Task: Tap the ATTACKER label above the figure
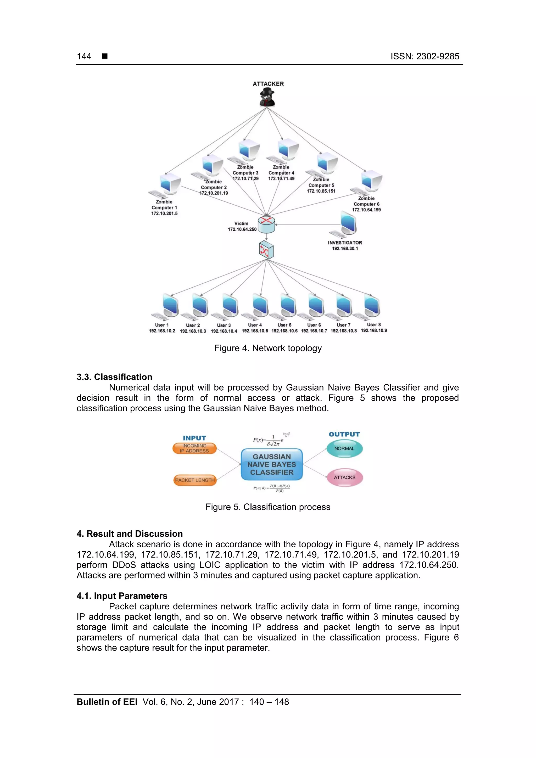click(x=268, y=84)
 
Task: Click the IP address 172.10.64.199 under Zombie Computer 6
click(x=366, y=210)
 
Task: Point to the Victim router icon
click(x=266, y=224)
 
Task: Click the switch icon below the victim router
click(x=266, y=250)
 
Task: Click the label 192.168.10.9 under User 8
click(x=374, y=330)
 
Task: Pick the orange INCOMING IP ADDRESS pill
click(x=194, y=448)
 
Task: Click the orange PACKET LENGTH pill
click(x=195, y=480)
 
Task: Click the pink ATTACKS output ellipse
click(x=344, y=478)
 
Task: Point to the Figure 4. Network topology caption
click(x=268, y=348)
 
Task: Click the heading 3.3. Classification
click(x=114, y=377)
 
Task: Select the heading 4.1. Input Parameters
click(x=122, y=596)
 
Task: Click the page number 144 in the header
click(x=84, y=57)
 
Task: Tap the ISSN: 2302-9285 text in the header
click(x=425, y=57)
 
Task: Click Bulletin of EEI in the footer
click(x=107, y=701)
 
